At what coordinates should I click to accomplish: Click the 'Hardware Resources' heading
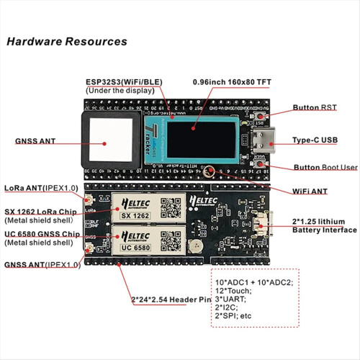[x=67, y=42]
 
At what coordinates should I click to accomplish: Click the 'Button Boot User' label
[x=325, y=167]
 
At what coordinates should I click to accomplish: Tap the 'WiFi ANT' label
[x=312, y=192]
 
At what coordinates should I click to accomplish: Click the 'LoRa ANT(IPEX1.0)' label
[x=42, y=188]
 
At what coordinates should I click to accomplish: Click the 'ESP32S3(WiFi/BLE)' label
[x=123, y=82]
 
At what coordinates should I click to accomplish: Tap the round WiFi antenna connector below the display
[x=209, y=173]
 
